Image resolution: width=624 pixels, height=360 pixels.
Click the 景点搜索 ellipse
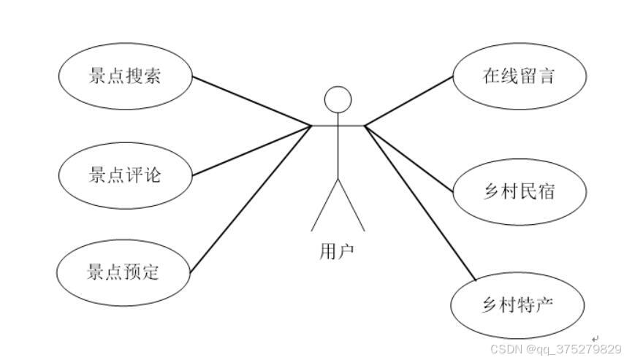point(125,76)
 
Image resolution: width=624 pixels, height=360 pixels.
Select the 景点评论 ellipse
point(125,175)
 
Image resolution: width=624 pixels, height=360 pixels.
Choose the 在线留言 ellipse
point(519,76)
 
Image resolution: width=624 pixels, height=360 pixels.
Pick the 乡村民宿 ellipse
point(519,191)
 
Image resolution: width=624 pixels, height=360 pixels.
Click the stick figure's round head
point(338,100)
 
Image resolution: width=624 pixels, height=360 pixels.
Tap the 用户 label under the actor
point(337,252)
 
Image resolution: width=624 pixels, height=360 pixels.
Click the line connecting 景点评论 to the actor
point(252,151)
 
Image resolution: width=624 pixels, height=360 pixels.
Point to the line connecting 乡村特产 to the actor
point(420,202)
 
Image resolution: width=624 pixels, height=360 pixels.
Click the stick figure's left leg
point(324,204)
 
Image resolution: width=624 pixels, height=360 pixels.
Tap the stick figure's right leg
point(351,204)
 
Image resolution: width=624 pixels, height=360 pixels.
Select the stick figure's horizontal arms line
point(338,126)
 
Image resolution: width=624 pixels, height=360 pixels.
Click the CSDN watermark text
point(555,349)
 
